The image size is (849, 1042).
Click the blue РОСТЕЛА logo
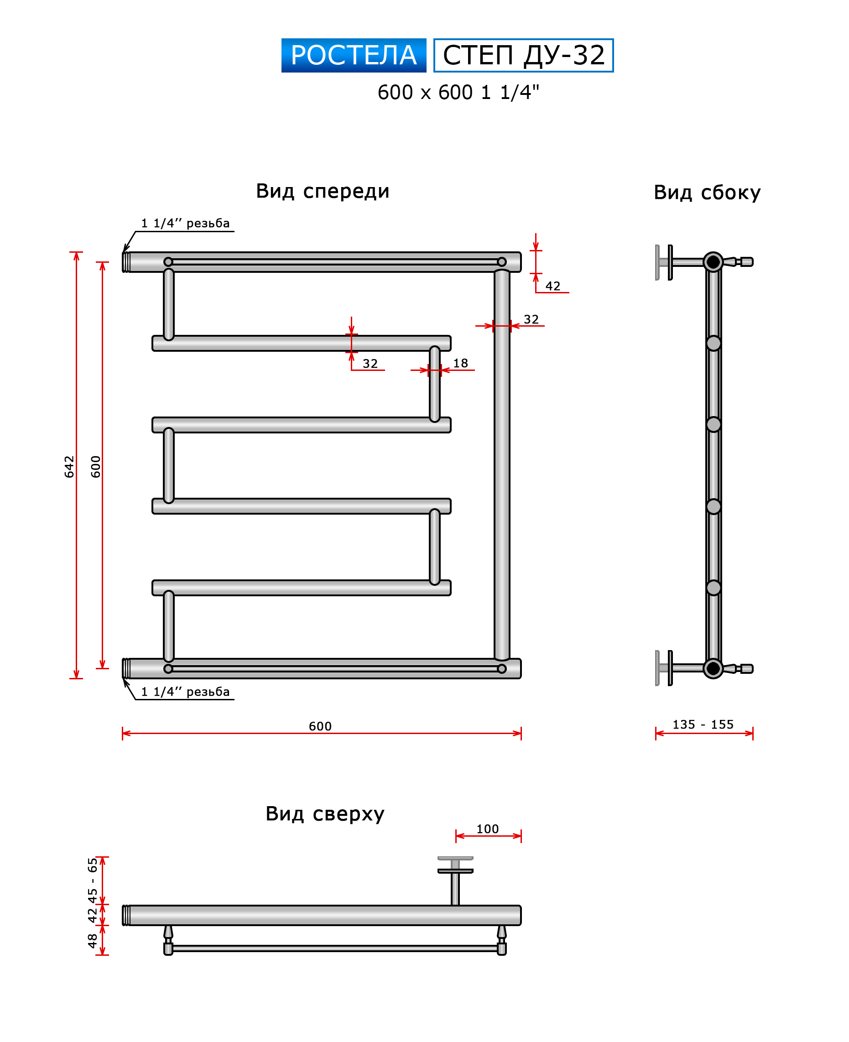353,55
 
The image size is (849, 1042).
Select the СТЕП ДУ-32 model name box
523,55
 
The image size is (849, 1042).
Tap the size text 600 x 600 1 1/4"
458,93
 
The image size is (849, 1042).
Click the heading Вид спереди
322,191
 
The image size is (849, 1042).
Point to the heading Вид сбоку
707,193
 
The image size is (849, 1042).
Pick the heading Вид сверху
325,813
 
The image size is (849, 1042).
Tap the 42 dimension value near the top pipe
552,286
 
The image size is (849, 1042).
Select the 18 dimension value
460,363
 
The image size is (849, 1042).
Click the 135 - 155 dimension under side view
703,724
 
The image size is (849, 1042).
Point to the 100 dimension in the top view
487,829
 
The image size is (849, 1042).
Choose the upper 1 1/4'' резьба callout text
185,224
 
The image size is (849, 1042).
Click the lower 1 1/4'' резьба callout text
185,692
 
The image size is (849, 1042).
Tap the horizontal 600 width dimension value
320,726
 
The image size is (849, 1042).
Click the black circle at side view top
713,262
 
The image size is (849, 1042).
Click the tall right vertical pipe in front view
502,464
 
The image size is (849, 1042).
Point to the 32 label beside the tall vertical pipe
531,319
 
